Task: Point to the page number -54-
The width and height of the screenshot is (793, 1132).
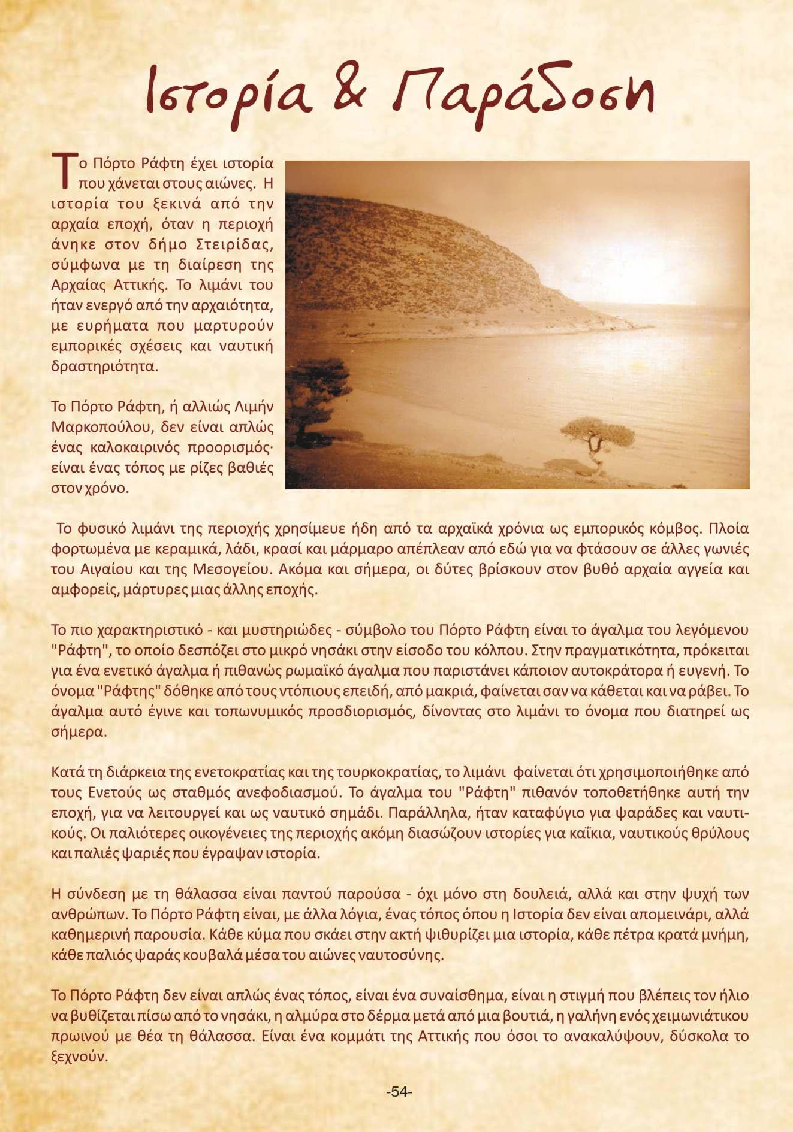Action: (x=399, y=1092)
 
